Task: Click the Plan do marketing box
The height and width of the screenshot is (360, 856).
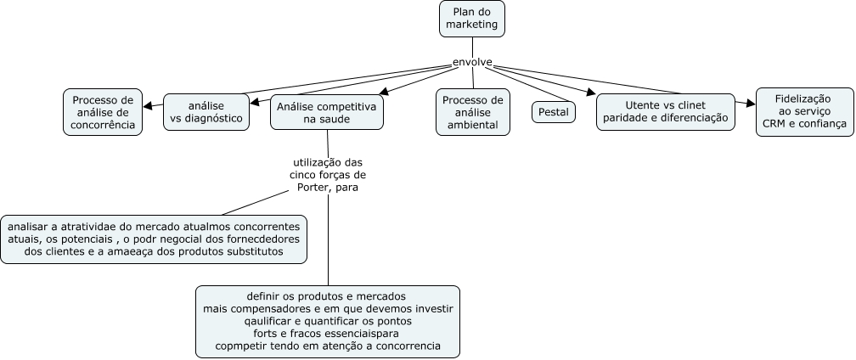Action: coord(472,19)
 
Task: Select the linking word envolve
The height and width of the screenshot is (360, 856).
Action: coord(472,62)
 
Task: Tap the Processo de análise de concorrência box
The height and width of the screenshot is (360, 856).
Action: coord(103,112)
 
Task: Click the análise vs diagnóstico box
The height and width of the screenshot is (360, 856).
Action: coord(206,112)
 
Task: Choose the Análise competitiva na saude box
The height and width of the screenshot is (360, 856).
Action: coord(326,112)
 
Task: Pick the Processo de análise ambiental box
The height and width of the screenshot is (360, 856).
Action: coord(473,112)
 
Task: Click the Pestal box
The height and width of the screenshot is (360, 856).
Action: coord(554,112)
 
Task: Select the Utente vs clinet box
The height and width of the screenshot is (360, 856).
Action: coord(666,112)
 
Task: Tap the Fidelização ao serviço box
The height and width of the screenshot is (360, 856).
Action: coord(805,112)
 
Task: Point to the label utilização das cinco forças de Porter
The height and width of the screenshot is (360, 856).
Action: coord(328,175)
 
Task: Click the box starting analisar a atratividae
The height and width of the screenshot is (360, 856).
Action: coord(154,239)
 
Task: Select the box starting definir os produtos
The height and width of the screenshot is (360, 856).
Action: coord(328,321)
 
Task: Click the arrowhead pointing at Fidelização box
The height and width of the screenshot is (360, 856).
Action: coord(752,103)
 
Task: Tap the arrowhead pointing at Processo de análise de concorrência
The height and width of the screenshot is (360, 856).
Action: coord(148,106)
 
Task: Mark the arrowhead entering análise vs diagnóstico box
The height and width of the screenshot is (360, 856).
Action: coord(255,101)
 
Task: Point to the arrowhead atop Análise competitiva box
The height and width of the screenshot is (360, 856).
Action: coord(385,91)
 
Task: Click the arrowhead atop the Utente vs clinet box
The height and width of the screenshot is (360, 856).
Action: coord(591,92)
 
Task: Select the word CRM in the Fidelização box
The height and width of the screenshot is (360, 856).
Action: coord(774,124)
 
